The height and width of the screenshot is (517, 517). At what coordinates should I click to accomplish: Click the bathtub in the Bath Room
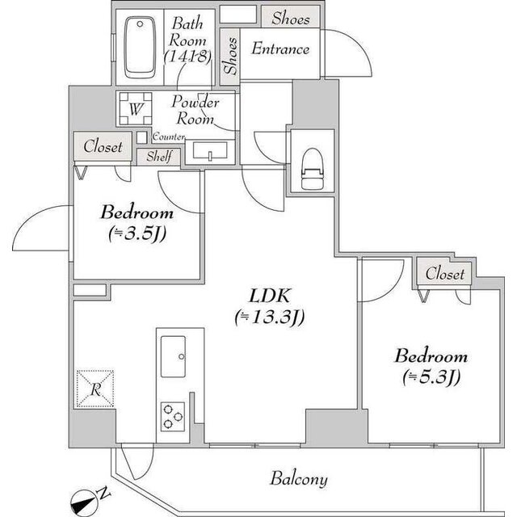tap(141, 46)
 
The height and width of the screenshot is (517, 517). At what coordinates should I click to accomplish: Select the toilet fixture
tap(311, 168)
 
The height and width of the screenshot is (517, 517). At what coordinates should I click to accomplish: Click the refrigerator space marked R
tap(95, 389)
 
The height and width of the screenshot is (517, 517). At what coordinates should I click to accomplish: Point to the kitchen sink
tap(173, 355)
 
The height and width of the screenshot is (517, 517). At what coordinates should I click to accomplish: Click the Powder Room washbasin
tap(210, 151)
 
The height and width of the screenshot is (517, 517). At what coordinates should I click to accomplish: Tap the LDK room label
tap(268, 296)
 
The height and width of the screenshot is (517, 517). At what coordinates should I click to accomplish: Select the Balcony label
tap(299, 479)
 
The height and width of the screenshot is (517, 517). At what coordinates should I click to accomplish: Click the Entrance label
tap(280, 49)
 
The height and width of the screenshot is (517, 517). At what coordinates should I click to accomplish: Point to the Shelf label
tap(158, 158)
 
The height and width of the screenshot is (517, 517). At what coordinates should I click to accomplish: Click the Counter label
tap(169, 138)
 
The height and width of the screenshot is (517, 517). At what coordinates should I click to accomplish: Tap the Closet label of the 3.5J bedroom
tap(103, 147)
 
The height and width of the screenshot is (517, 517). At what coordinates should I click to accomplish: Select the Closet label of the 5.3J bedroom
tap(445, 274)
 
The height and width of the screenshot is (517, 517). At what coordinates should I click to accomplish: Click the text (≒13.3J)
tap(268, 317)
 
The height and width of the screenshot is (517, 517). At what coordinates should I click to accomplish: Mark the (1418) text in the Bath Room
tap(187, 57)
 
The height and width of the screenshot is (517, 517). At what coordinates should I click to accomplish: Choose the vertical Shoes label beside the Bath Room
tap(230, 57)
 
